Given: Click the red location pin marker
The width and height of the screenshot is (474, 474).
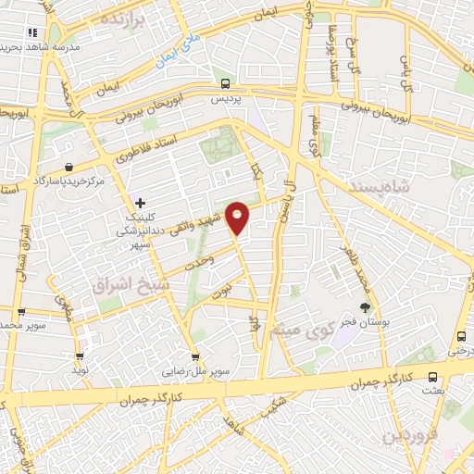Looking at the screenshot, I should tap(238, 217).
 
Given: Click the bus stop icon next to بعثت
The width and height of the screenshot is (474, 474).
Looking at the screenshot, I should tap(433, 376).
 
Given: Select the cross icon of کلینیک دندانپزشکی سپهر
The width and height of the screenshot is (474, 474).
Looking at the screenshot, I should tap(140, 202).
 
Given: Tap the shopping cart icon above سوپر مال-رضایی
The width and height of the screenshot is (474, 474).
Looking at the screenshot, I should tap(194, 356).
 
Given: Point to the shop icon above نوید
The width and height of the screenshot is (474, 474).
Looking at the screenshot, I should tap(80, 355).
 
